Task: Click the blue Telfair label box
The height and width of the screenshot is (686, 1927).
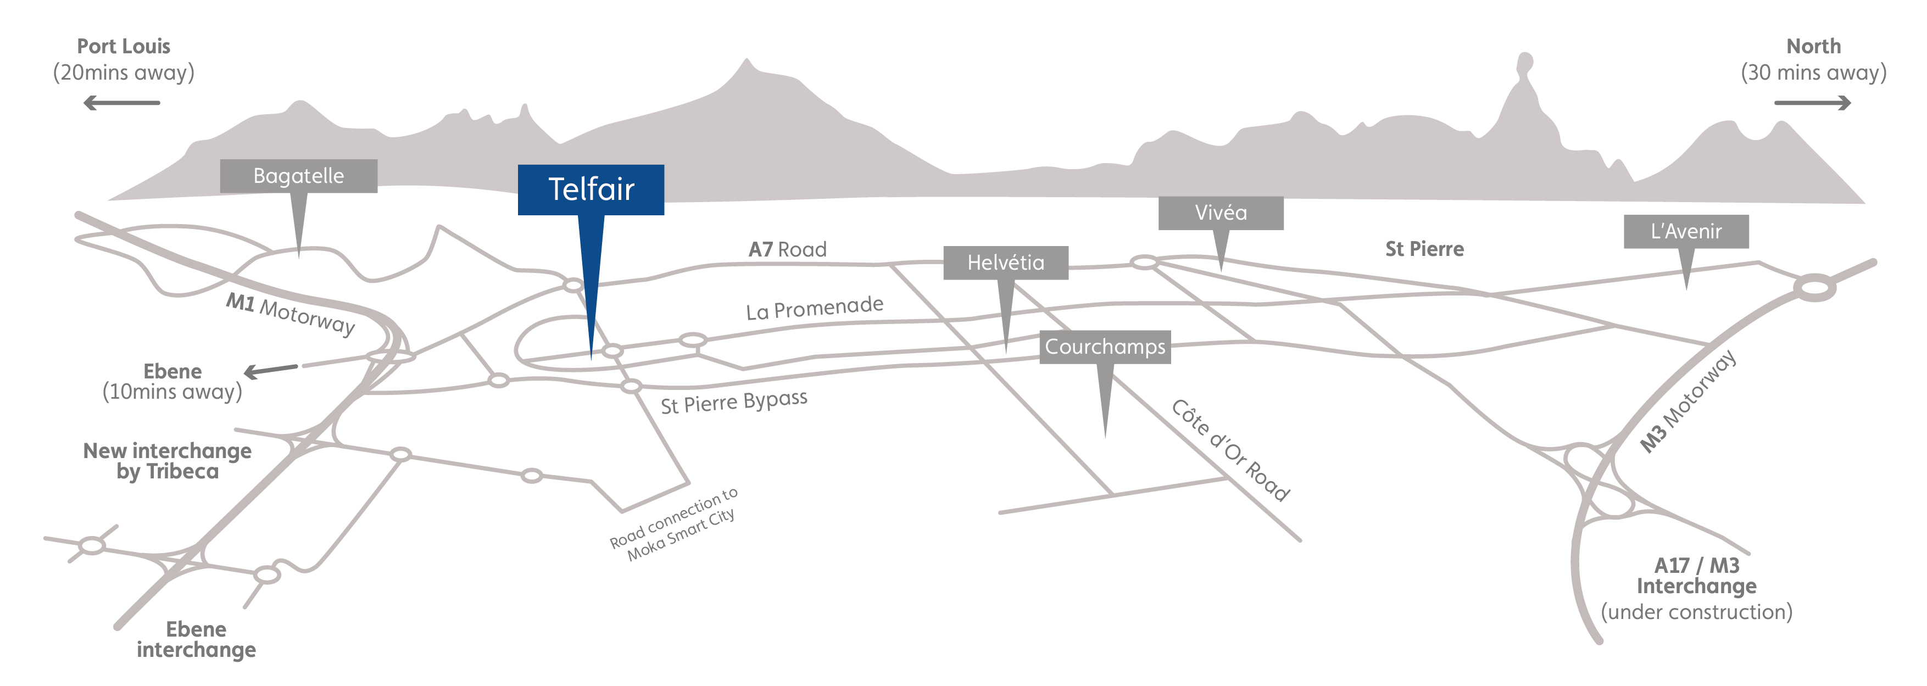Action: pyautogui.click(x=591, y=190)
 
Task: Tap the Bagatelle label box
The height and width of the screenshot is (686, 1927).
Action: pyautogui.click(x=298, y=176)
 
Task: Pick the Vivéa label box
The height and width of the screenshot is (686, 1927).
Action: pyautogui.click(x=1221, y=213)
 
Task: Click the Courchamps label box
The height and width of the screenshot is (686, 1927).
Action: pyautogui.click(x=1105, y=347)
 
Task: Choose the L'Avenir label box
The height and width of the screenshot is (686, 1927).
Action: pyautogui.click(x=1686, y=232)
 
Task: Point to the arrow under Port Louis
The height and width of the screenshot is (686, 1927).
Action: pyautogui.click(x=121, y=103)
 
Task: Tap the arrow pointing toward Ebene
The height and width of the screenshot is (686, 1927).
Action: pyautogui.click(x=271, y=370)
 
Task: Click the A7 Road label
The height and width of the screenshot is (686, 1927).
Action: pyautogui.click(x=788, y=249)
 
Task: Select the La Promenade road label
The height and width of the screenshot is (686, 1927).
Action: pyautogui.click(x=815, y=308)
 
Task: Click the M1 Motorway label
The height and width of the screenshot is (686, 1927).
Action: pyautogui.click(x=290, y=314)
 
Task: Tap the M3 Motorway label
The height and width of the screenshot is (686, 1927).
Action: pyautogui.click(x=1687, y=401)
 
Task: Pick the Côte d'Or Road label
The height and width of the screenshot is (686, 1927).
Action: pyautogui.click(x=1230, y=450)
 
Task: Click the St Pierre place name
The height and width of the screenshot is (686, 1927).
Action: pyautogui.click(x=1424, y=249)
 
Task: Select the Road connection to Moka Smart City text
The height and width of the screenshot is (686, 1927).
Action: pyautogui.click(x=674, y=523)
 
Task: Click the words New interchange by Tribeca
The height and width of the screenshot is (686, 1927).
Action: pyautogui.click(x=168, y=461)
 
